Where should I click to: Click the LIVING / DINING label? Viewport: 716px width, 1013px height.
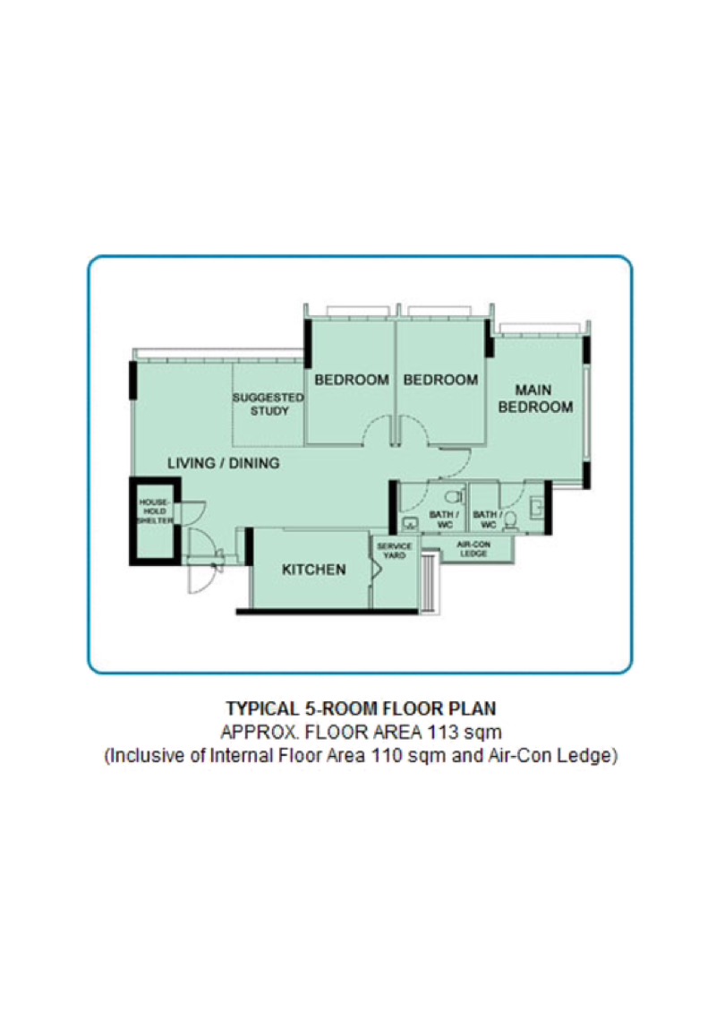(224, 463)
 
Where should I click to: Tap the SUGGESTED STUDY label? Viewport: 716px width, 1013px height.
(262, 404)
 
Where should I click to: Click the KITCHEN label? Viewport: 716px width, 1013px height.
(313, 570)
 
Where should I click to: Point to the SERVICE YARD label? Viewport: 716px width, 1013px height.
(395, 551)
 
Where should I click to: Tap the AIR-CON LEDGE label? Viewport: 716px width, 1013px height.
(472, 549)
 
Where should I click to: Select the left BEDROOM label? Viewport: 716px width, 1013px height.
(352, 380)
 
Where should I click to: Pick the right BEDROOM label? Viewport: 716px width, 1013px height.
(440, 380)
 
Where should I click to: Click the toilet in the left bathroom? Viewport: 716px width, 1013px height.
(454, 494)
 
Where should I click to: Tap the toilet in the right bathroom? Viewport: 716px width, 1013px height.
(511, 519)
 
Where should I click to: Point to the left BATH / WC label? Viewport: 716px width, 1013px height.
(445, 519)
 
